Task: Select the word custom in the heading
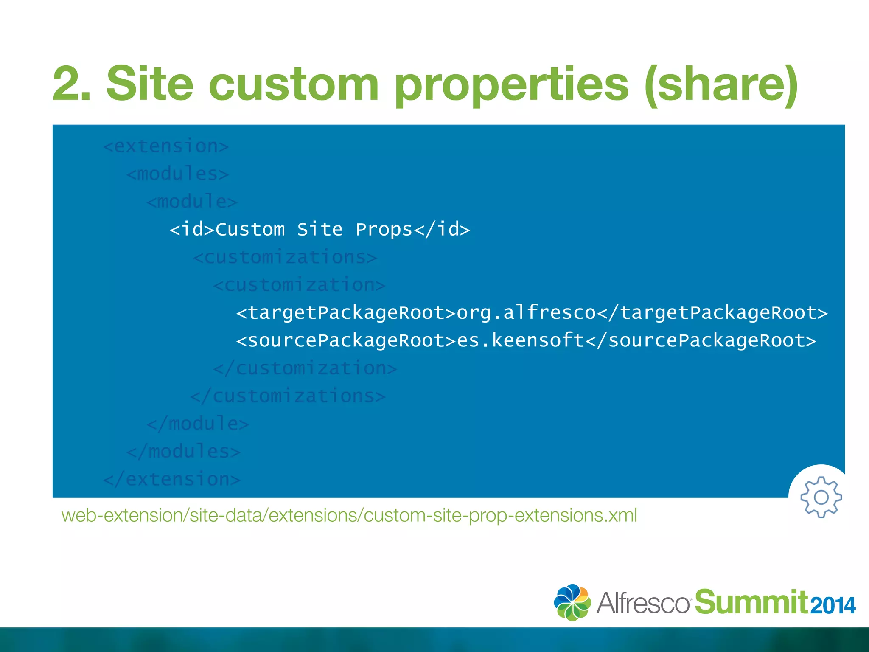point(293,84)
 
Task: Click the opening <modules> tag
point(178,174)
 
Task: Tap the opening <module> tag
point(192,202)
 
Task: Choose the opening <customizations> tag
point(285,257)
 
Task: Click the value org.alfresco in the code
point(526,313)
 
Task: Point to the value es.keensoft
point(521,340)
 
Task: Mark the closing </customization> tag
point(305,368)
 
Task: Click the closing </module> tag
point(198,424)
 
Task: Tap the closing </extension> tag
point(172,479)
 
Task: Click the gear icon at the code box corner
point(821,497)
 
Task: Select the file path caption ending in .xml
point(349,515)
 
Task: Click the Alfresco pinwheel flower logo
point(572,602)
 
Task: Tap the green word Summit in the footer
point(751,602)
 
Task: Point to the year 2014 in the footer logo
point(833,605)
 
